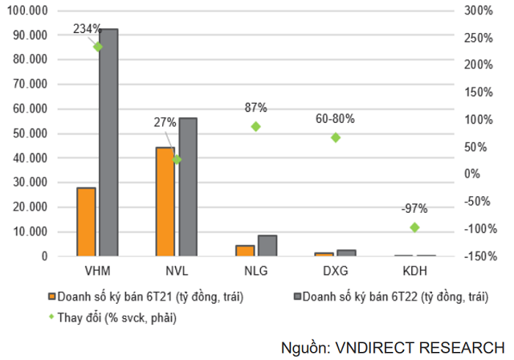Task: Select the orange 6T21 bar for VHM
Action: [86, 222]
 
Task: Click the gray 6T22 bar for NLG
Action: [267, 246]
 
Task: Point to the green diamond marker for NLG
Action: [256, 126]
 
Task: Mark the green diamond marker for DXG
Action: [335, 137]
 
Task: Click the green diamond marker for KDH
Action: [414, 227]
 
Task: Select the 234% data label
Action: [88, 29]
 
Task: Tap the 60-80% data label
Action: [336, 119]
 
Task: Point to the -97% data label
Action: [414, 208]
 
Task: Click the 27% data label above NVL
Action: [165, 123]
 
